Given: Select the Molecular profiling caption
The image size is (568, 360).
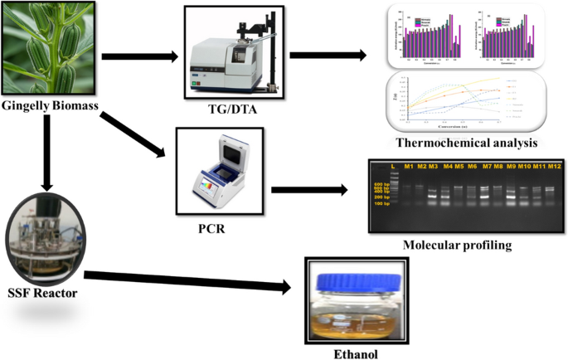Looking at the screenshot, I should [x=455, y=246].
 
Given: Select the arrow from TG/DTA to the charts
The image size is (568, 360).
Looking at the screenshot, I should [x=328, y=56].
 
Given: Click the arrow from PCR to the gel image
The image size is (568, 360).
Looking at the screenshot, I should [x=307, y=190].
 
